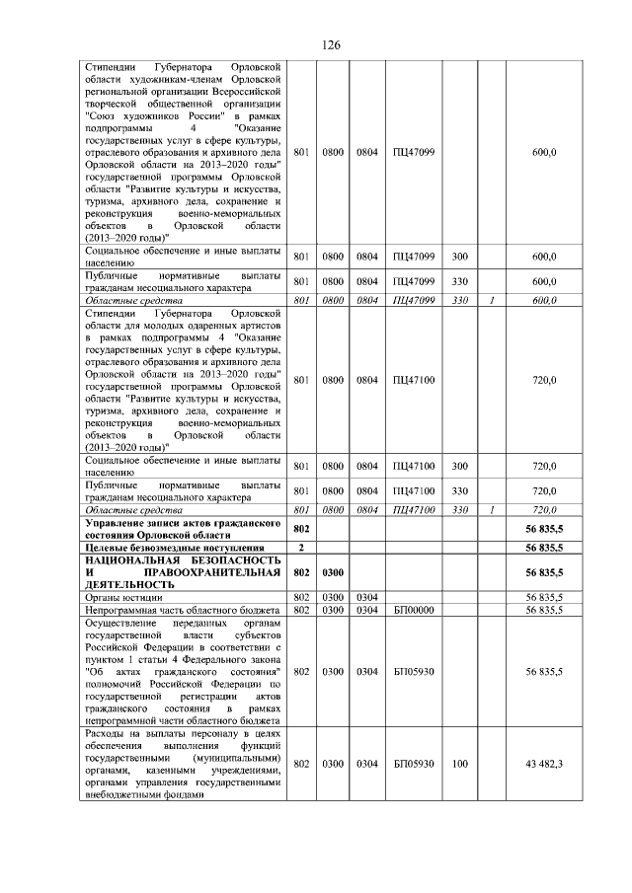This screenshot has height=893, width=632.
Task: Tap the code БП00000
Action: click(413, 611)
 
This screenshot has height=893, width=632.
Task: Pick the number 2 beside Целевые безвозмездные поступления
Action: click(301, 548)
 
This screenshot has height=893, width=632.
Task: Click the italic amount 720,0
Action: click(544, 509)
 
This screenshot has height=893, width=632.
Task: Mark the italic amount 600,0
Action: click(544, 300)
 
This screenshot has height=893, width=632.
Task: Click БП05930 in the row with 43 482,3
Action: click(413, 764)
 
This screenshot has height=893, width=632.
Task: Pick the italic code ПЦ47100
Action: click(413, 509)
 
